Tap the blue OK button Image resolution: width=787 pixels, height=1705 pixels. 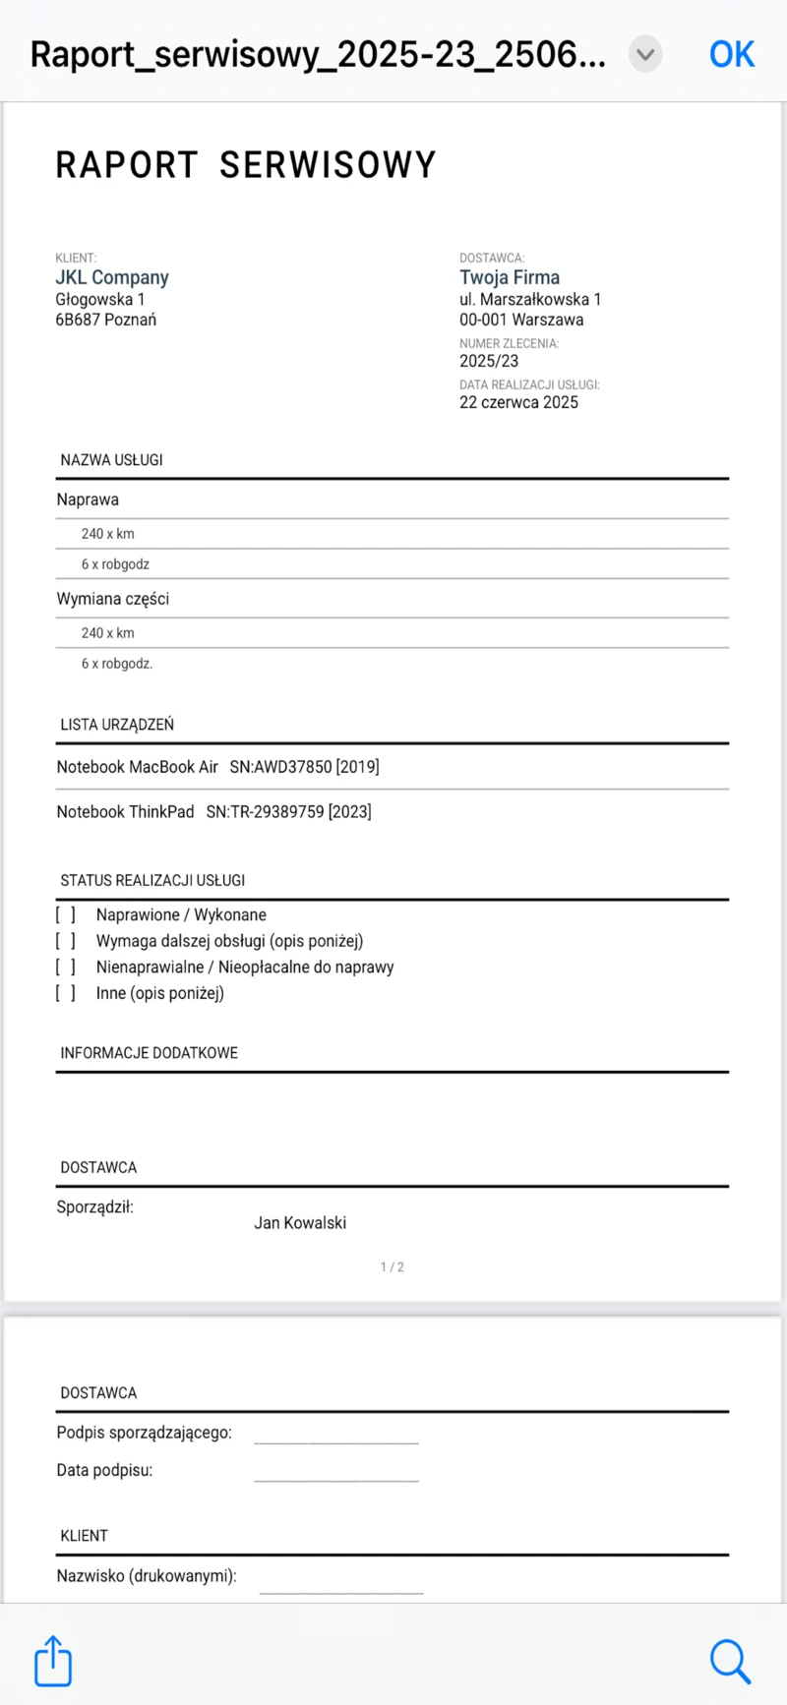pyautogui.click(x=731, y=54)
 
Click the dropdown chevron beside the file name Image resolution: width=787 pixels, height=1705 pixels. pyautogui.click(x=645, y=54)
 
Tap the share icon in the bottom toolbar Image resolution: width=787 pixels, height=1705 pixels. pyautogui.click(x=53, y=1660)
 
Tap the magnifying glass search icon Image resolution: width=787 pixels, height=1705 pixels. pyautogui.click(x=729, y=1660)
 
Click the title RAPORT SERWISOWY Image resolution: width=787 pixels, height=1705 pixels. pyautogui.click(x=245, y=165)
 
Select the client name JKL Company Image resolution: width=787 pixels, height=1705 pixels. pyautogui.click(x=112, y=277)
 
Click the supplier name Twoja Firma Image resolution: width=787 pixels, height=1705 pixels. pyautogui.click(x=510, y=277)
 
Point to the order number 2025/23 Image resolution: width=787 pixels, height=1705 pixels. pyautogui.click(x=489, y=361)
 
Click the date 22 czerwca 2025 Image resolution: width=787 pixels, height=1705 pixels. pyautogui.click(x=518, y=402)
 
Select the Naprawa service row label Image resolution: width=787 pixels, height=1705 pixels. pyautogui.click(x=88, y=500)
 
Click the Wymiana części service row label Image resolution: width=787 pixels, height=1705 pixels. pyautogui.click(x=113, y=599)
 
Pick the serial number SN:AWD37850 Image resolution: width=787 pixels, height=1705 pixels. pyautogui.click(x=281, y=767)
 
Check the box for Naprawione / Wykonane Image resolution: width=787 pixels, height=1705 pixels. pyautogui.click(x=66, y=915)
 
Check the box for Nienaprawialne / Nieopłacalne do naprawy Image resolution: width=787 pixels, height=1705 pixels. pyautogui.click(x=66, y=968)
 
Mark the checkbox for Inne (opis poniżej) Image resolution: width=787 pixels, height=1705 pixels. pyautogui.click(x=66, y=993)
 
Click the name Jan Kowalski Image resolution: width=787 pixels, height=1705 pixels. pyautogui.click(x=300, y=1223)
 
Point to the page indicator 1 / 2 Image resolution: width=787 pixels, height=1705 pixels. pyautogui.click(x=393, y=1267)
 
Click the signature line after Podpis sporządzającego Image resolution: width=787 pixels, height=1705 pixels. pyautogui.click(x=336, y=1436)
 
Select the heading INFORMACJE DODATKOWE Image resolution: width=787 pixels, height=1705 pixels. pyautogui.click(x=150, y=1053)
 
